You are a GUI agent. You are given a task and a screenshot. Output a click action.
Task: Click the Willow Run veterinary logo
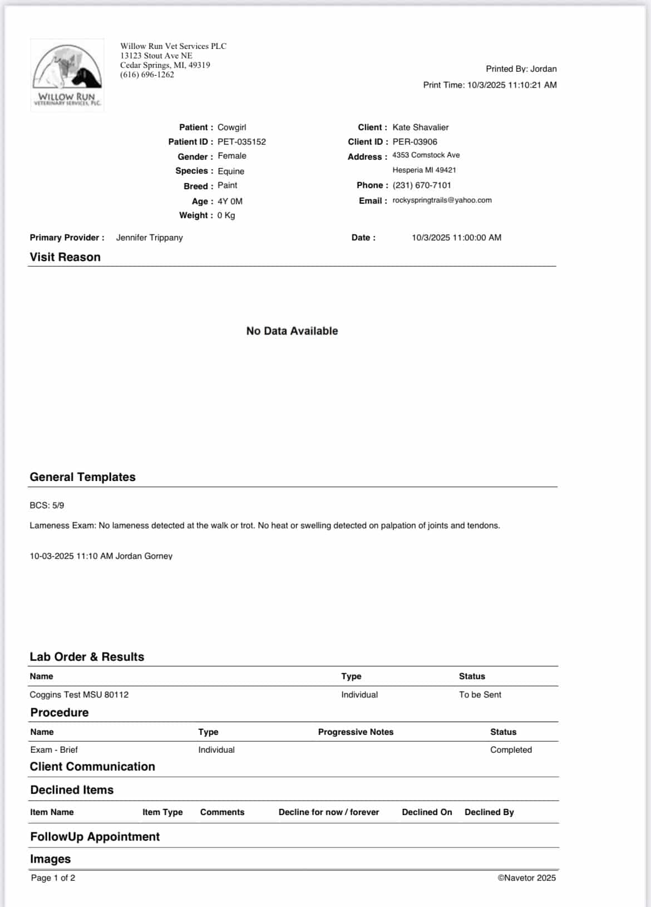click(x=67, y=75)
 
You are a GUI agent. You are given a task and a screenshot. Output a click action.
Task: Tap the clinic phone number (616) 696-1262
click(x=147, y=75)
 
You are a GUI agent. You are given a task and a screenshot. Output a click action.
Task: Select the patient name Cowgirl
click(x=231, y=127)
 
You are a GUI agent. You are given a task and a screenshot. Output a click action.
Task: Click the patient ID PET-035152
click(x=241, y=142)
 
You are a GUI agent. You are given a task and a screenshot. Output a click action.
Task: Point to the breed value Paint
click(x=227, y=185)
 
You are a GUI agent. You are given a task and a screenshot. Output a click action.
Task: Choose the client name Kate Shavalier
click(x=420, y=127)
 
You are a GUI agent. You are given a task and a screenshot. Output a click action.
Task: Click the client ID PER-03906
click(x=415, y=142)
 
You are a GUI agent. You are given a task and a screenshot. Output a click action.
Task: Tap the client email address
click(x=442, y=200)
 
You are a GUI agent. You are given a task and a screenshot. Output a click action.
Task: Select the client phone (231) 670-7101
click(x=421, y=185)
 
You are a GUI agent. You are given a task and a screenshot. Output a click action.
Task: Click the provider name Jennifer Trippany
click(x=149, y=238)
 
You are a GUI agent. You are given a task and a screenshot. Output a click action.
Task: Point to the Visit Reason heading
click(x=65, y=257)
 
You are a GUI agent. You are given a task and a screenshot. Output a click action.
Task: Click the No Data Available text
click(x=292, y=331)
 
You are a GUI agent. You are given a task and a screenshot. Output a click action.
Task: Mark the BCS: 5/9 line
click(x=47, y=506)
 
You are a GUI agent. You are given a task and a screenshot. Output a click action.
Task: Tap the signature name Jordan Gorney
click(x=144, y=556)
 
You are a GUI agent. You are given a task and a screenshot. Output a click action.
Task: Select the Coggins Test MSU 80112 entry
click(x=79, y=695)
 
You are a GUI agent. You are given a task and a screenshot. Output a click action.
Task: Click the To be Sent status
click(x=480, y=695)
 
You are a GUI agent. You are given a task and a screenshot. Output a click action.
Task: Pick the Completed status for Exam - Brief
click(x=511, y=750)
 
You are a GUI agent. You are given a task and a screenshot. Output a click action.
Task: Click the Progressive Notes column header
click(x=356, y=732)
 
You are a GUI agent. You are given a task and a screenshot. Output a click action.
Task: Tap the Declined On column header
click(x=427, y=812)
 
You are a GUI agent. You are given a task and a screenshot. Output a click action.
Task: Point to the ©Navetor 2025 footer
click(x=526, y=878)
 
